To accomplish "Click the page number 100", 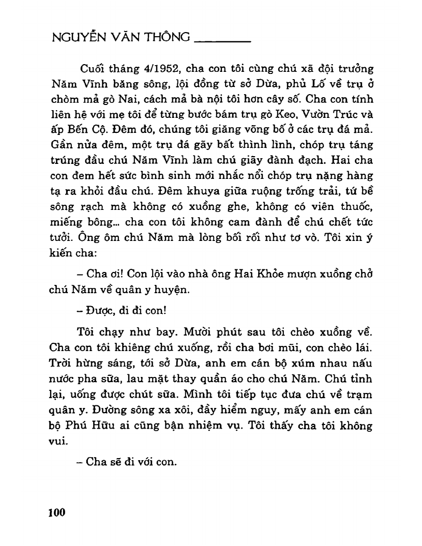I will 56,513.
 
